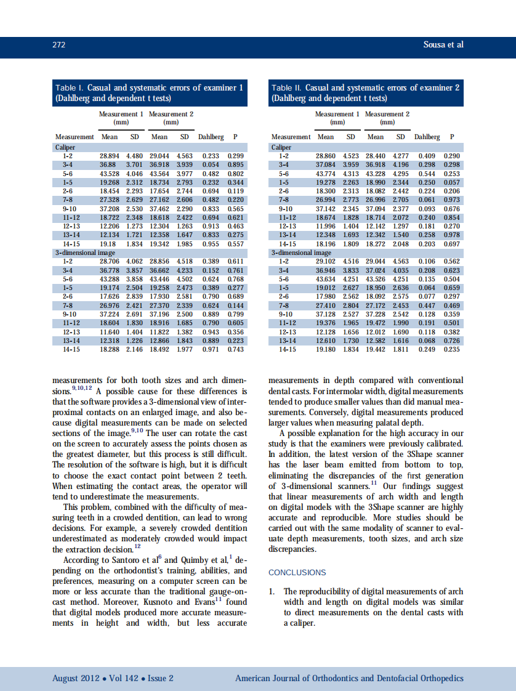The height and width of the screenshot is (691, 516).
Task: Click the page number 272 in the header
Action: click(58, 45)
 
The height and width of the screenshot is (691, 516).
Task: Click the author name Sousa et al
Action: click(443, 45)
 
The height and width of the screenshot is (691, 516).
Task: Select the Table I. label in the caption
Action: click(70, 88)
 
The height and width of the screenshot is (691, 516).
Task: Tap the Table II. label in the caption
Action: click(286, 88)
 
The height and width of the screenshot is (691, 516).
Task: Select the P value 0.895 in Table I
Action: click(236, 165)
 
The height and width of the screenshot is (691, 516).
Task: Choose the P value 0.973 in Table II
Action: click(452, 200)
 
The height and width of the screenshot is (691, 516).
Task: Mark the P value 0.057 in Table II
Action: click(452, 182)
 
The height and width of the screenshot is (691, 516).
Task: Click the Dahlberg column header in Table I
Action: click(211, 137)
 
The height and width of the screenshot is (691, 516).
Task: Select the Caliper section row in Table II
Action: click(281, 148)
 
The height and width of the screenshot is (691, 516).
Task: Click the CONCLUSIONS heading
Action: click(297, 572)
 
